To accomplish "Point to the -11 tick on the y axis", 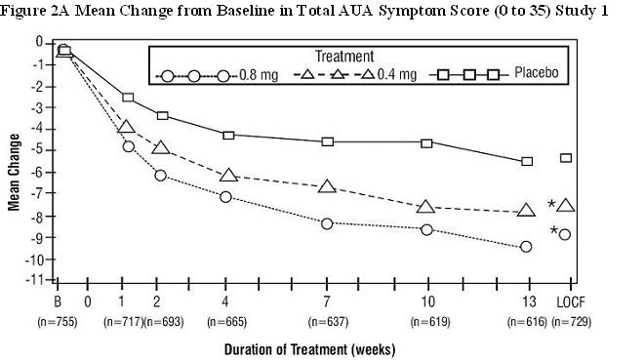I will (36, 280).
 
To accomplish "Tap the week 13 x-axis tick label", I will (526, 301).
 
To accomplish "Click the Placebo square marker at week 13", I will (527, 161).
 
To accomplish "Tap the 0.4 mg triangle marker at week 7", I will (327, 186).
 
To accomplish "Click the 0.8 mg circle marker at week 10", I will (426, 229).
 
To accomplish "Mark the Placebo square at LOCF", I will (565, 158).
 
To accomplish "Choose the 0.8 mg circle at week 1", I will (128, 146).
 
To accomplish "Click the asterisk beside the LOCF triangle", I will (551, 205).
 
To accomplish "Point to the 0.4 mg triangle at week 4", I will (227, 176).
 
